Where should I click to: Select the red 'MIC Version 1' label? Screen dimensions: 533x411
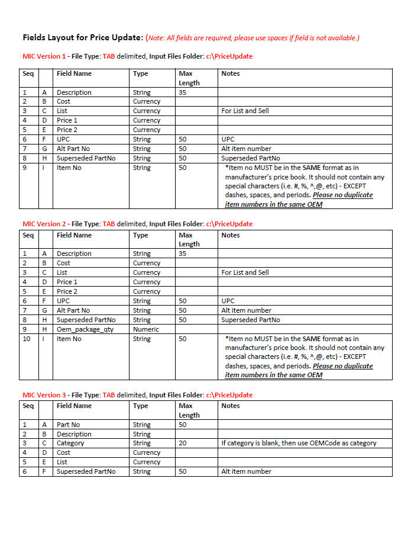pyautogui.click(x=44, y=56)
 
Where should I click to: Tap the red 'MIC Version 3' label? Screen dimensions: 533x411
pyautogui.click(x=44, y=395)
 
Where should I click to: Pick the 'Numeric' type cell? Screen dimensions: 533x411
pyautogui.click(x=145, y=329)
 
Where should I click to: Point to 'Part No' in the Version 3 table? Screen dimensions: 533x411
pyautogui.click(x=69, y=425)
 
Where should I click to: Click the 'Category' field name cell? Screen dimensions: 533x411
pyautogui.click(x=70, y=443)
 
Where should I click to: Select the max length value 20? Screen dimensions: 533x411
pyautogui.click(x=183, y=443)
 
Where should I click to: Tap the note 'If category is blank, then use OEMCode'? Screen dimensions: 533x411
pyautogui.click(x=299, y=443)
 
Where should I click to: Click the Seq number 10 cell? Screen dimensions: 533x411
pyautogui.click(x=27, y=339)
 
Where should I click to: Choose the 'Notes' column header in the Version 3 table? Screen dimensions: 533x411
pyautogui.click(x=231, y=406)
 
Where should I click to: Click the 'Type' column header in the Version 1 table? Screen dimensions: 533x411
pyautogui.click(x=141, y=73)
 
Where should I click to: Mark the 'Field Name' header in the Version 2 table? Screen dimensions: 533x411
pyautogui.click(x=74, y=235)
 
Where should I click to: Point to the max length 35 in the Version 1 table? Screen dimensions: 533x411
pyautogui.click(x=183, y=92)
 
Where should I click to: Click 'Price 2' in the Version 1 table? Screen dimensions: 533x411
pyautogui.click(x=67, y=130)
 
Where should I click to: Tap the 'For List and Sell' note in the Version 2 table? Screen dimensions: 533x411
pyautogui.click(x=245, y=272)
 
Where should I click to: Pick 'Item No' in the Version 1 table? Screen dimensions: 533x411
pyautogui.click(x=69, y=168)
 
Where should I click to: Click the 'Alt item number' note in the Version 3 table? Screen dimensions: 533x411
pyautogui.click(x=246, y=471)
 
